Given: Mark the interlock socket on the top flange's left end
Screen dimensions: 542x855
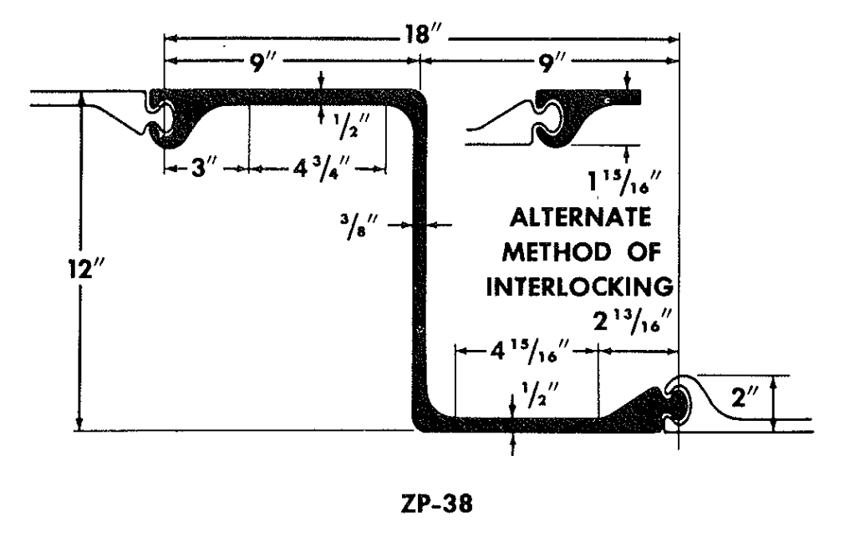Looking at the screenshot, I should click(162, 117).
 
